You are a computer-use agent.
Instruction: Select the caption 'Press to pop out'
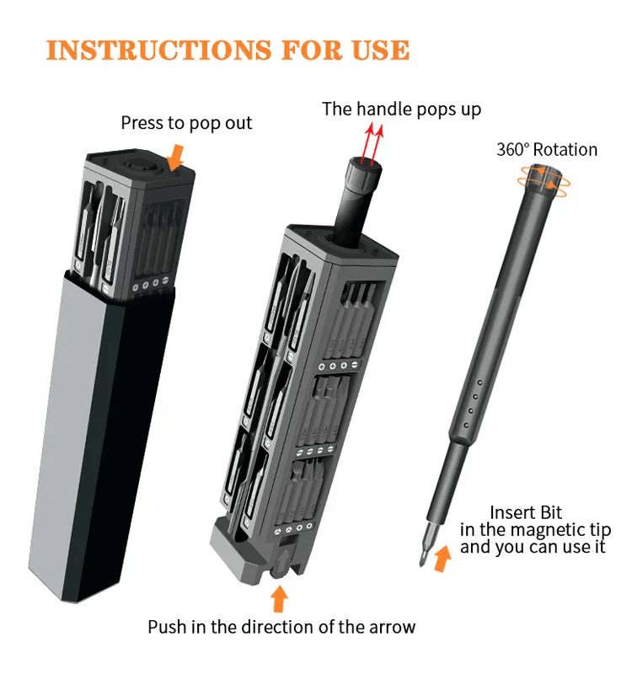click(x=186, y=123)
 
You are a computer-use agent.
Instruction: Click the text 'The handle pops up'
click(x=402, y=109)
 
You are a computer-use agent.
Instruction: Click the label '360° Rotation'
click(x=547, y=150)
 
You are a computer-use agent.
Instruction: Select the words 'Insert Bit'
click(x=526, y=512)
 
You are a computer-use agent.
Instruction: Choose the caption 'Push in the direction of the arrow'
click(x=281, y=627)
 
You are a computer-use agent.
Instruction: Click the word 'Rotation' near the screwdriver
click(x=565, y=150)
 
